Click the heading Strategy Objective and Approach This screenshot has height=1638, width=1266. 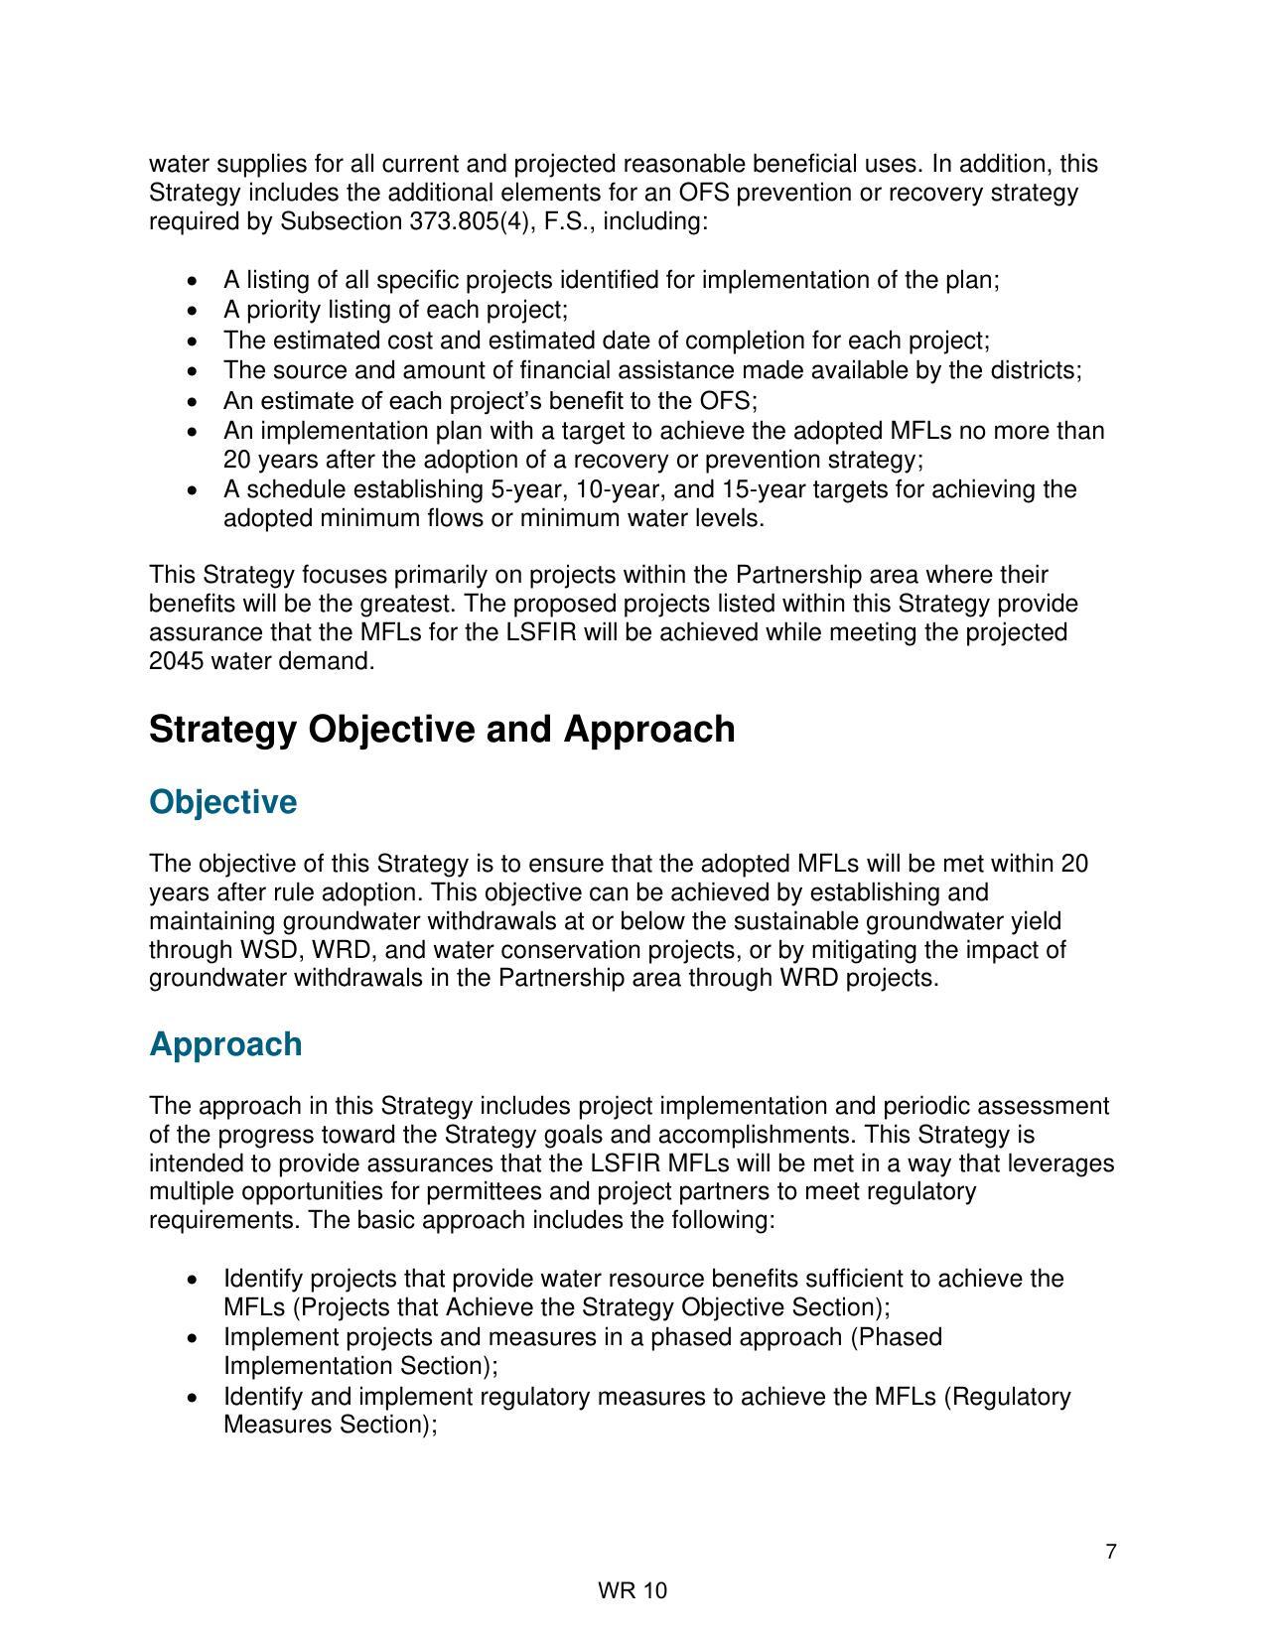tap(442, 730)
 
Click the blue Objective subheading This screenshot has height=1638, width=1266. tap(222, 802)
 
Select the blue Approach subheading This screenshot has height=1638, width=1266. tap(225, 1044)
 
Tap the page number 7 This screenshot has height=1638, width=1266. tap(1110, 1552)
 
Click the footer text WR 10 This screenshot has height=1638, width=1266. tap(633, 1591)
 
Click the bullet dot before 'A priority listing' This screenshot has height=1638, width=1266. tap(193, 311)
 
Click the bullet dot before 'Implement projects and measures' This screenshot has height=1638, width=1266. tap(193, 1338)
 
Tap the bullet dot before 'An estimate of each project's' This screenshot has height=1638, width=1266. tap(193, 401)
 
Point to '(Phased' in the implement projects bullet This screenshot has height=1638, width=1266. tap(896, 1337)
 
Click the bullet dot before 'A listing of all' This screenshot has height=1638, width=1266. tap(193, 281)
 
